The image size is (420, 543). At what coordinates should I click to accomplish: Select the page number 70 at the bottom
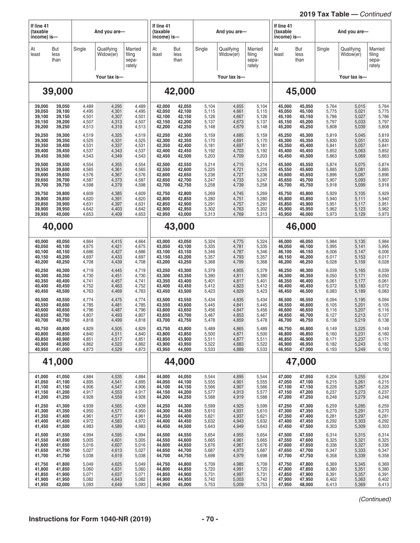click(210, 518)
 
